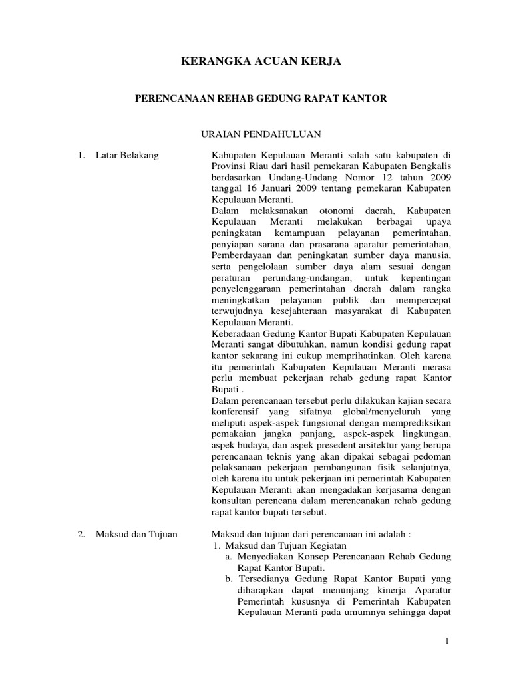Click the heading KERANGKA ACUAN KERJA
pyautogui.click(x=261, y=61)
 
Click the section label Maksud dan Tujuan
pyautogui.click(x=137, y=534)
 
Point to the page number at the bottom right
pyautogui.click(x=448, y=640)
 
